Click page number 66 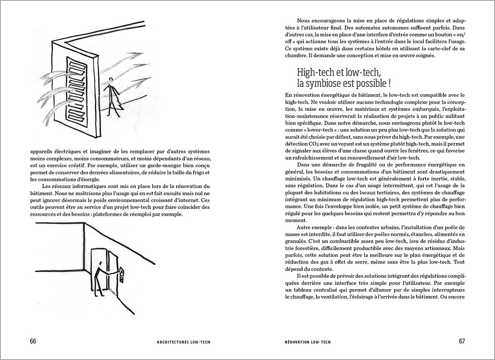click(33, 341)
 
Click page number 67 click(461, 341)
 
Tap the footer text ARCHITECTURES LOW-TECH click(181, 342)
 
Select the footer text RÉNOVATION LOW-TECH click(307, 342)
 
